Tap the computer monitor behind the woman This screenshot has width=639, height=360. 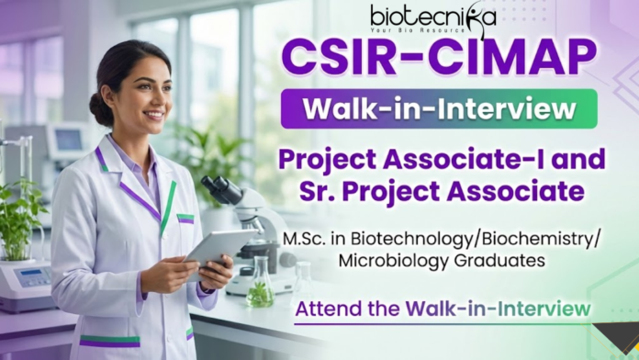pyautogui.click(x=69, y=141)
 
